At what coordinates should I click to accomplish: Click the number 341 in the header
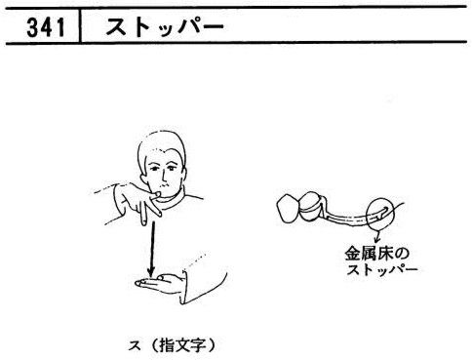[46, 27]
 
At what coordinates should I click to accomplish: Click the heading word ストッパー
[165, 26]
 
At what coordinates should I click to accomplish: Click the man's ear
[143, 180]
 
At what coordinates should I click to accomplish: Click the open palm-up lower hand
[158, 284]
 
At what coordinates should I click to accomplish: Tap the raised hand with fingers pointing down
[138, 202]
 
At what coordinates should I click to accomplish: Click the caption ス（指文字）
[172, 345]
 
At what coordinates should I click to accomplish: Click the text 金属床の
[377, 254]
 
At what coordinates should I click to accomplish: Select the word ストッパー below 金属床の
[381, 269]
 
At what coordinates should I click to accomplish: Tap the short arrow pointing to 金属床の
[378, 237]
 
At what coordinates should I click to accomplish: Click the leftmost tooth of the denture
[289, 208]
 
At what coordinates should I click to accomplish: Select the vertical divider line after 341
[80, 26]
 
